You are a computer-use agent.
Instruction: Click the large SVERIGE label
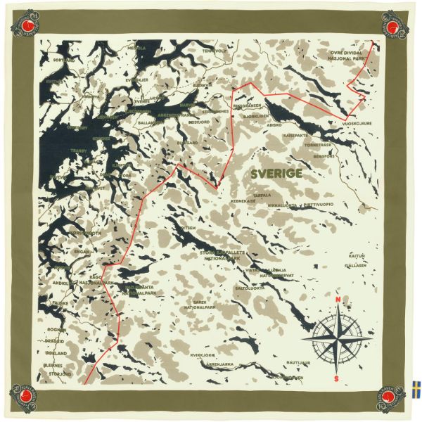(276, 173)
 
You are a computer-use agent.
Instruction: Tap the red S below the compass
(337, 378)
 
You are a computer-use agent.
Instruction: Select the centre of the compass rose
(337, 339)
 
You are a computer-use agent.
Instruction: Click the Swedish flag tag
(416, 388)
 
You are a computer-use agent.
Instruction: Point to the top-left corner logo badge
(25, 25)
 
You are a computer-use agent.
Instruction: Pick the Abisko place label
(274, 125)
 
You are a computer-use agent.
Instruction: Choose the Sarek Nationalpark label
(199, 305)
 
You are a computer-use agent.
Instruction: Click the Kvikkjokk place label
(203, 355)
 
